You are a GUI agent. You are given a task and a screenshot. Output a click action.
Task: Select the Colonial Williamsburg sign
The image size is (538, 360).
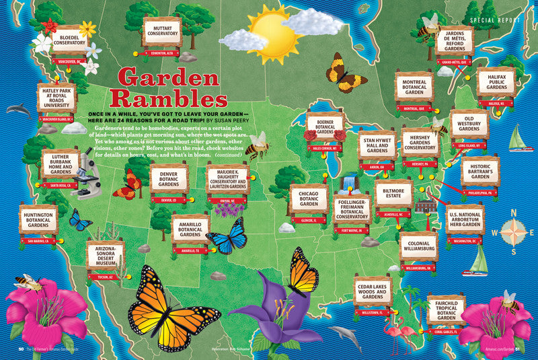(418, 248)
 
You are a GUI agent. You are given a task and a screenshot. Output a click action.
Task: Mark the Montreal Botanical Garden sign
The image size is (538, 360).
(414, 86)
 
